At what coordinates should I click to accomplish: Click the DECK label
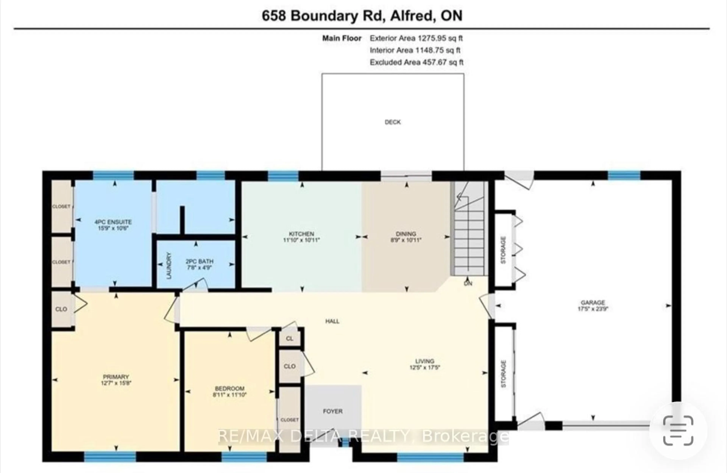point(392,122)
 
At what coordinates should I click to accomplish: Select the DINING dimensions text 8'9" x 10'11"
point(406,240)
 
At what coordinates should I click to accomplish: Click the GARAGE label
point(593,302)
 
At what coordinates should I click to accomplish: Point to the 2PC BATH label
point(200,261)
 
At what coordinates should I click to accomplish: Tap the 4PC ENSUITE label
point(113,222)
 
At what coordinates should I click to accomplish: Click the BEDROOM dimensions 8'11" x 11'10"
point(230,394)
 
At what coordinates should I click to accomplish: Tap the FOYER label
point(333,411)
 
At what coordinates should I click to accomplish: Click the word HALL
point(332,321)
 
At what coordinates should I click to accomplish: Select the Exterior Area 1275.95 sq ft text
point(416,38)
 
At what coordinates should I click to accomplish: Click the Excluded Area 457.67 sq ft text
point(416,62)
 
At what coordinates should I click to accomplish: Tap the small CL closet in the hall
point(289,338)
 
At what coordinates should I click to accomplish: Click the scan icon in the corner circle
point(678,431)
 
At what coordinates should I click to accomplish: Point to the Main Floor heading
point(342,38)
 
